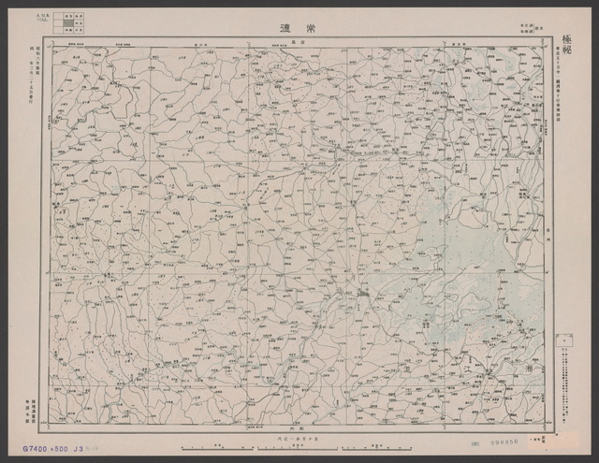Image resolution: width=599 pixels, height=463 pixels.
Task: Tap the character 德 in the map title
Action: [284, 28]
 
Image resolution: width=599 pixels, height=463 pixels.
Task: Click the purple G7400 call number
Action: [28, 446]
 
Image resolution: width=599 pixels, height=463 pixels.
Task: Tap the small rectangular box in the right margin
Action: [563, 339]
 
